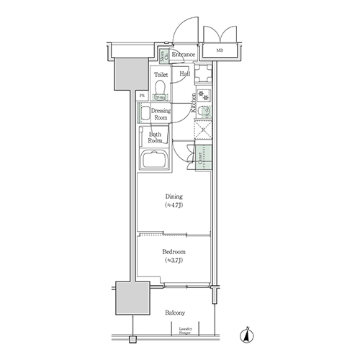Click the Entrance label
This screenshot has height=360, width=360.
pos(184,55)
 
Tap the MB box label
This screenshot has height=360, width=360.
pos(219,50)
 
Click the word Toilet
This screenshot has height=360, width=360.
pos(162,73)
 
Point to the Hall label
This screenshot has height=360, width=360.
pos(184,73)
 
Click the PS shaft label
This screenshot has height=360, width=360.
pos(142,94)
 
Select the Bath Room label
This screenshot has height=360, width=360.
pos(156,138)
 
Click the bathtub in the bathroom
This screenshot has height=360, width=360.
pos(153,161)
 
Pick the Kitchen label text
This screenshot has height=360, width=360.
pos(194,103)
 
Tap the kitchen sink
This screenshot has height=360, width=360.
pos(204,112)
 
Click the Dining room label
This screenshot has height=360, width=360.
pos(173,200)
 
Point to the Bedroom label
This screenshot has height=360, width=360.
pos(173,256)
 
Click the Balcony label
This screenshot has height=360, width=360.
pos(174,312)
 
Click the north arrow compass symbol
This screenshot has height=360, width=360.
pos(246,335)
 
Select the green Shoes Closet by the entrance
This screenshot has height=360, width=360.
pos(164,55)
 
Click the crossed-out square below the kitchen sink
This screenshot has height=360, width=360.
pos(204,132)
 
